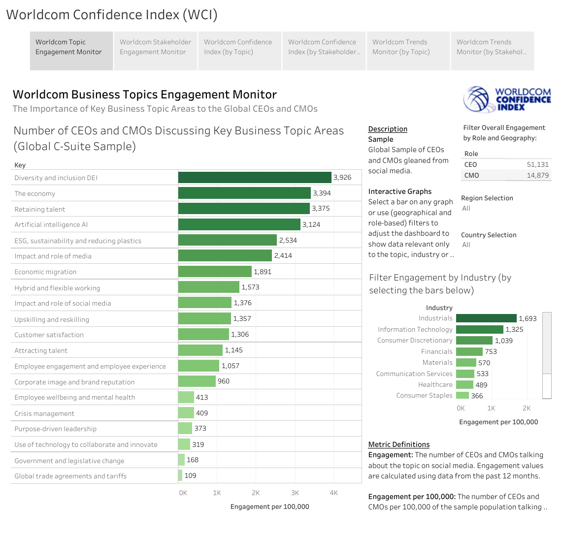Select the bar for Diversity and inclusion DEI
(254, 177)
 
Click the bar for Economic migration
(215, 272)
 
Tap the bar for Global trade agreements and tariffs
(180, 475)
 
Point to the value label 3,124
(311, 224)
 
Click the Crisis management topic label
(44, 413)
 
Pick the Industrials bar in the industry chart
(486, 318)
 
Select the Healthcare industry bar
(464, 385)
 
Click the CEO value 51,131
(537, 164)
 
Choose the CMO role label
(471, 175)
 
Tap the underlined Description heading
(388, 129)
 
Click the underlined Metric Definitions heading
(399, 444)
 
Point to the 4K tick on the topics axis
(333, 493)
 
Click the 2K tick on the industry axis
(527, 408)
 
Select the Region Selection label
(487, 198)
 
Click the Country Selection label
(489, 235)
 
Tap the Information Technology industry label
(415, 329)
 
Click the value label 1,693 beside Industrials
(528, 318)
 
